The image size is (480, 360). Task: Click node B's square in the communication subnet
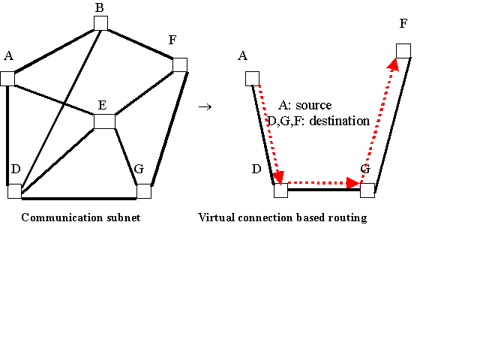click(101, 23)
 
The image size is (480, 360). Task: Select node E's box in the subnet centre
click(104, 121)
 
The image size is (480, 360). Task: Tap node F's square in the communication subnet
click(179, 65)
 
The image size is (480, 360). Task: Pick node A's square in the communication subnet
click(8, 79)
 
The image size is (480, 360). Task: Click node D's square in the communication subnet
click(15, 191)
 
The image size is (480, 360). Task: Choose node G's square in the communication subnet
click(144, 191)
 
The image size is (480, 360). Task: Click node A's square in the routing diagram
click(252, 79)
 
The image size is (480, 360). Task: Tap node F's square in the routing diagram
click(403, 51)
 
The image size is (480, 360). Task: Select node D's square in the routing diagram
click(280, 191)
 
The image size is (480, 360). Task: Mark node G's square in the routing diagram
click(367, 190)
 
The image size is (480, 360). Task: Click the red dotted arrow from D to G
click(322, 182)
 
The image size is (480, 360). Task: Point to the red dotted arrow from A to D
click(268, 131)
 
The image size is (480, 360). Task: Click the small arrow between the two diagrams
click(204, 106)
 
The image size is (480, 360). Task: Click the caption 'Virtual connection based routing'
click(283, 217)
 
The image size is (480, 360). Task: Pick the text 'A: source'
click(304, 106)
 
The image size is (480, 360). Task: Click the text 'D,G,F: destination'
click(319, 121)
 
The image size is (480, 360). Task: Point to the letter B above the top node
click(99, 8)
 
